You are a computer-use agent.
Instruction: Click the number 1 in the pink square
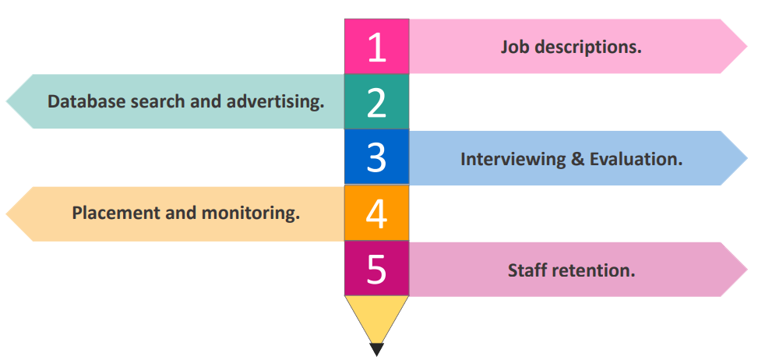376,48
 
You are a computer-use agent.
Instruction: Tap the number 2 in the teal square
376,103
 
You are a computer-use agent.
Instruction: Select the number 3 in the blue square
376,158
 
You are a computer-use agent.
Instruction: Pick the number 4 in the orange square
376,214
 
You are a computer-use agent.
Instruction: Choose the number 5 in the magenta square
376,270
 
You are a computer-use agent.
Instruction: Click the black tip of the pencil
377,349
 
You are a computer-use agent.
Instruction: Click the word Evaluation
636,159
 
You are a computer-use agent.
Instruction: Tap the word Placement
116,213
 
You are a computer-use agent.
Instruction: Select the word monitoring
250,213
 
